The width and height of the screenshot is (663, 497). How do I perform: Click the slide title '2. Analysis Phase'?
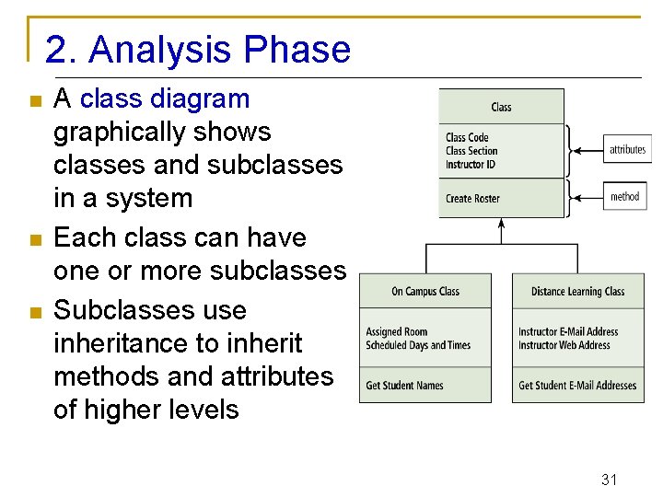tap(197, 50)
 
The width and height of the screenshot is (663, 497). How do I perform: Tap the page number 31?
tap(609, 480)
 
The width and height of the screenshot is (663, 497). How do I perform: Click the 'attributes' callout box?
tap(627, 149)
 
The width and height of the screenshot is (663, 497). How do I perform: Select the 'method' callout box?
tap(625, 196)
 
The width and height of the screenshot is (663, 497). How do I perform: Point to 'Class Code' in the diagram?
tap(468, 138)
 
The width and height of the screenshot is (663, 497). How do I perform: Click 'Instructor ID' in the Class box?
tap(471, 164)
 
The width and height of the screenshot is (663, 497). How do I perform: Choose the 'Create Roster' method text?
tap(472, 199)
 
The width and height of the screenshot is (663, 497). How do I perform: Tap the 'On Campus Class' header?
tap(425, 292)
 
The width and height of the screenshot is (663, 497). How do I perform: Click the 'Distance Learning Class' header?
tap(577, 292)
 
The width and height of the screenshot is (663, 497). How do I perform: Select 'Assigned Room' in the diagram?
tap(397, 332)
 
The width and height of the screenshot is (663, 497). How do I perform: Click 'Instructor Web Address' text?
tap(564, 345)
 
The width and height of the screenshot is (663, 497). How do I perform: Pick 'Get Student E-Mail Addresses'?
tap(577, 386)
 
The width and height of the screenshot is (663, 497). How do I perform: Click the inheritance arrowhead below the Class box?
tap(502, 223)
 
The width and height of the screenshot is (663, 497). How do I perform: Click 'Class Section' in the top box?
tap(471, 151)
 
